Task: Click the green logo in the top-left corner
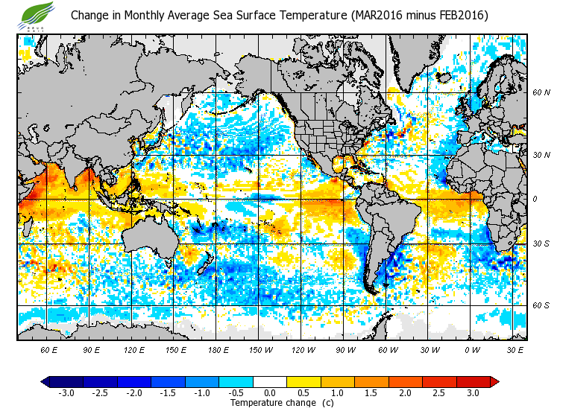(x=38, y=13)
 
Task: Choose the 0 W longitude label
(x=471, y=349)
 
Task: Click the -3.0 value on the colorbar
(x=66, y=392)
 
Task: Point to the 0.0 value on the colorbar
(x=270, y=392)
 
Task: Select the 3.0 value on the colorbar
(x=473, y=392)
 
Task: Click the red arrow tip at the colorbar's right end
(x=494, y=381)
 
